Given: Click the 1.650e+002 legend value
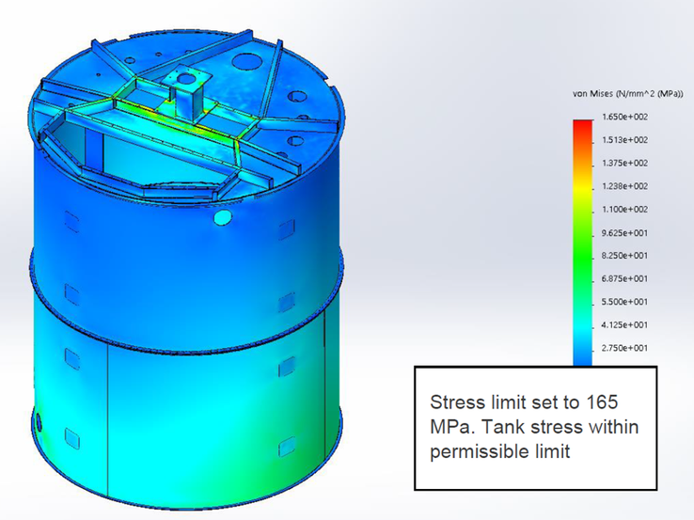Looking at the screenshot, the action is pyautogui.click(x=624, y=117).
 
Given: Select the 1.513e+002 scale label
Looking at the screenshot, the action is pyautogui.click(x=624, y=140).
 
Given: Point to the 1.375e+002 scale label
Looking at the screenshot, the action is pyautogui.click(x=624, y=164).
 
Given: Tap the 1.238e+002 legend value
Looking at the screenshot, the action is pyautogui.click(x=624, y=186).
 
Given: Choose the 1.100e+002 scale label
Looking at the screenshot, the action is pyautogui.click(x=624, y=210).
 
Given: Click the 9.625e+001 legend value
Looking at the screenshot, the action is pyautogui.click(x=624, y=233).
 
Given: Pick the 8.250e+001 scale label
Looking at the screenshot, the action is pyautogui.click(x=624, y=256).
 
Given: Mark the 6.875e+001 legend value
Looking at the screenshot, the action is pyautogui.click(x=624, y=279).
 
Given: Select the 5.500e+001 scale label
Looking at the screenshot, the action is pyautogui.click(x=624, y=302).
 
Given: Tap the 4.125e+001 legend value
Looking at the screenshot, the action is pyautogui.click(x=624, y=324).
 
